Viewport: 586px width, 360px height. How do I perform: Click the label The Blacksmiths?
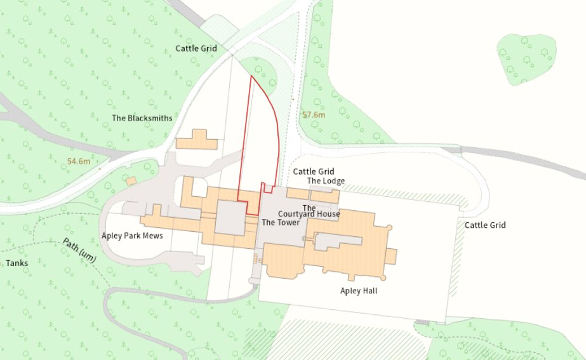[142, 118]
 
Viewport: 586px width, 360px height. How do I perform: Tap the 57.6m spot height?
[314, 115]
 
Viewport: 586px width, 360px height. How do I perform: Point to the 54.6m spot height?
[79, 162]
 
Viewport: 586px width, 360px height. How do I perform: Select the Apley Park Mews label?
[132, 236]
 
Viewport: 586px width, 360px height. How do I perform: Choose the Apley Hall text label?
[359, 291]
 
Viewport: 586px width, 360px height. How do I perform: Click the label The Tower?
[280, 222]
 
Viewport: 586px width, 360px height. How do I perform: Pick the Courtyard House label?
[309, 214]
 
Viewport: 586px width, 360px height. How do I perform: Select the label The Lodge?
[326, 181]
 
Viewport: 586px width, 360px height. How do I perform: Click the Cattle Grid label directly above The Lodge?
[313, 171]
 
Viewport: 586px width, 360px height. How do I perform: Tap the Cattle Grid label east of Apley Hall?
[485, 225]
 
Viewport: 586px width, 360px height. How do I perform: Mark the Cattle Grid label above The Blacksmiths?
[196, 48]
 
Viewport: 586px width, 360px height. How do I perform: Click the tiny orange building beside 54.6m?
[131, 181]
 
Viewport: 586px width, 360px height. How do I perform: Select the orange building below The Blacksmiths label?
[197, 140]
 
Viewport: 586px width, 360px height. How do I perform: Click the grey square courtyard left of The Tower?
[230, 218]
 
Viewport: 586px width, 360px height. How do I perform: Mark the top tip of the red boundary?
[251, 76]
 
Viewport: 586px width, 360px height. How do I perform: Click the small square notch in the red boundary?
[268, 188]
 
